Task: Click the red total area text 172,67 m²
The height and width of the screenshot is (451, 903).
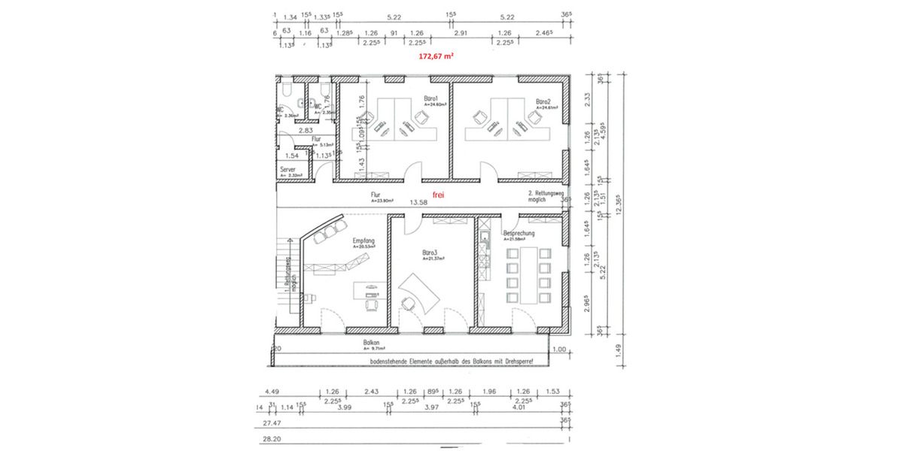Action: pos(436,56)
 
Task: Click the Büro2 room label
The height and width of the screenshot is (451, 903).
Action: pos(544,101)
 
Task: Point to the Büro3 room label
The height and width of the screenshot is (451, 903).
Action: pos(430,253)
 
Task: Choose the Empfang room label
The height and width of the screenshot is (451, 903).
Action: pos(363,241)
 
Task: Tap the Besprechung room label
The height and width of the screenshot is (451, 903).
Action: pos(519,234)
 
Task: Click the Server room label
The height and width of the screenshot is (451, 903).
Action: pos(287,171)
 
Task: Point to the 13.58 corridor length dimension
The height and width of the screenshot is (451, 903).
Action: pos(418,202)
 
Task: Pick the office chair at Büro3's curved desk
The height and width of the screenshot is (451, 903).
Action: pos(409,303)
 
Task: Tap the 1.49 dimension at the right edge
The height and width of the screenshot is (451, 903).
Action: pos(619,348)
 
